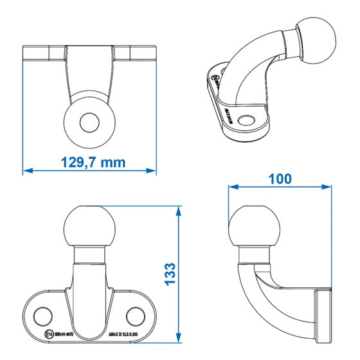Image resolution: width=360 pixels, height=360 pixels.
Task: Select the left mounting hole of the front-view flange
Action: click(x=42, y=315)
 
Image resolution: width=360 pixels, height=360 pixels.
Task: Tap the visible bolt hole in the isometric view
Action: click(x=246, y=118)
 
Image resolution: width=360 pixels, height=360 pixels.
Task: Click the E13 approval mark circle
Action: click(x=49, y=334)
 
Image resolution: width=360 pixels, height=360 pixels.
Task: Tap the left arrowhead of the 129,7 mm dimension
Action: click(x=26, y=170)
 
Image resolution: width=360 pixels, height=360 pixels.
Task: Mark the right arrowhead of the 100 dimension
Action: click(x=328, y=187)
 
